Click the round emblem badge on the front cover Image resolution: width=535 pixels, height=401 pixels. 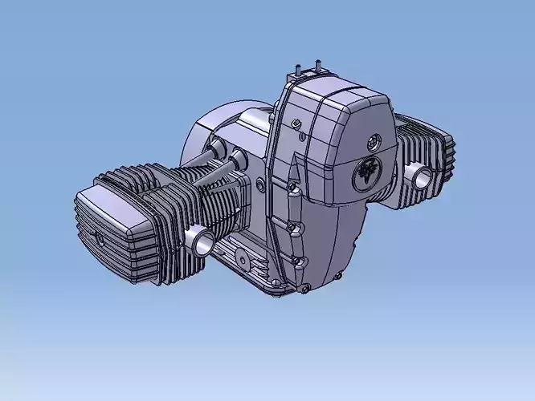(369, 173)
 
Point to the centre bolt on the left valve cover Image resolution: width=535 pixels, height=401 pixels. (99, 238)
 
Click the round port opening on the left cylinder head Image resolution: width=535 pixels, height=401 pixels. (198, 238)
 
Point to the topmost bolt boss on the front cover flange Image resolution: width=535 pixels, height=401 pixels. (296, 123)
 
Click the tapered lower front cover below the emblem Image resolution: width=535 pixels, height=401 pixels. (337, 241)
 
